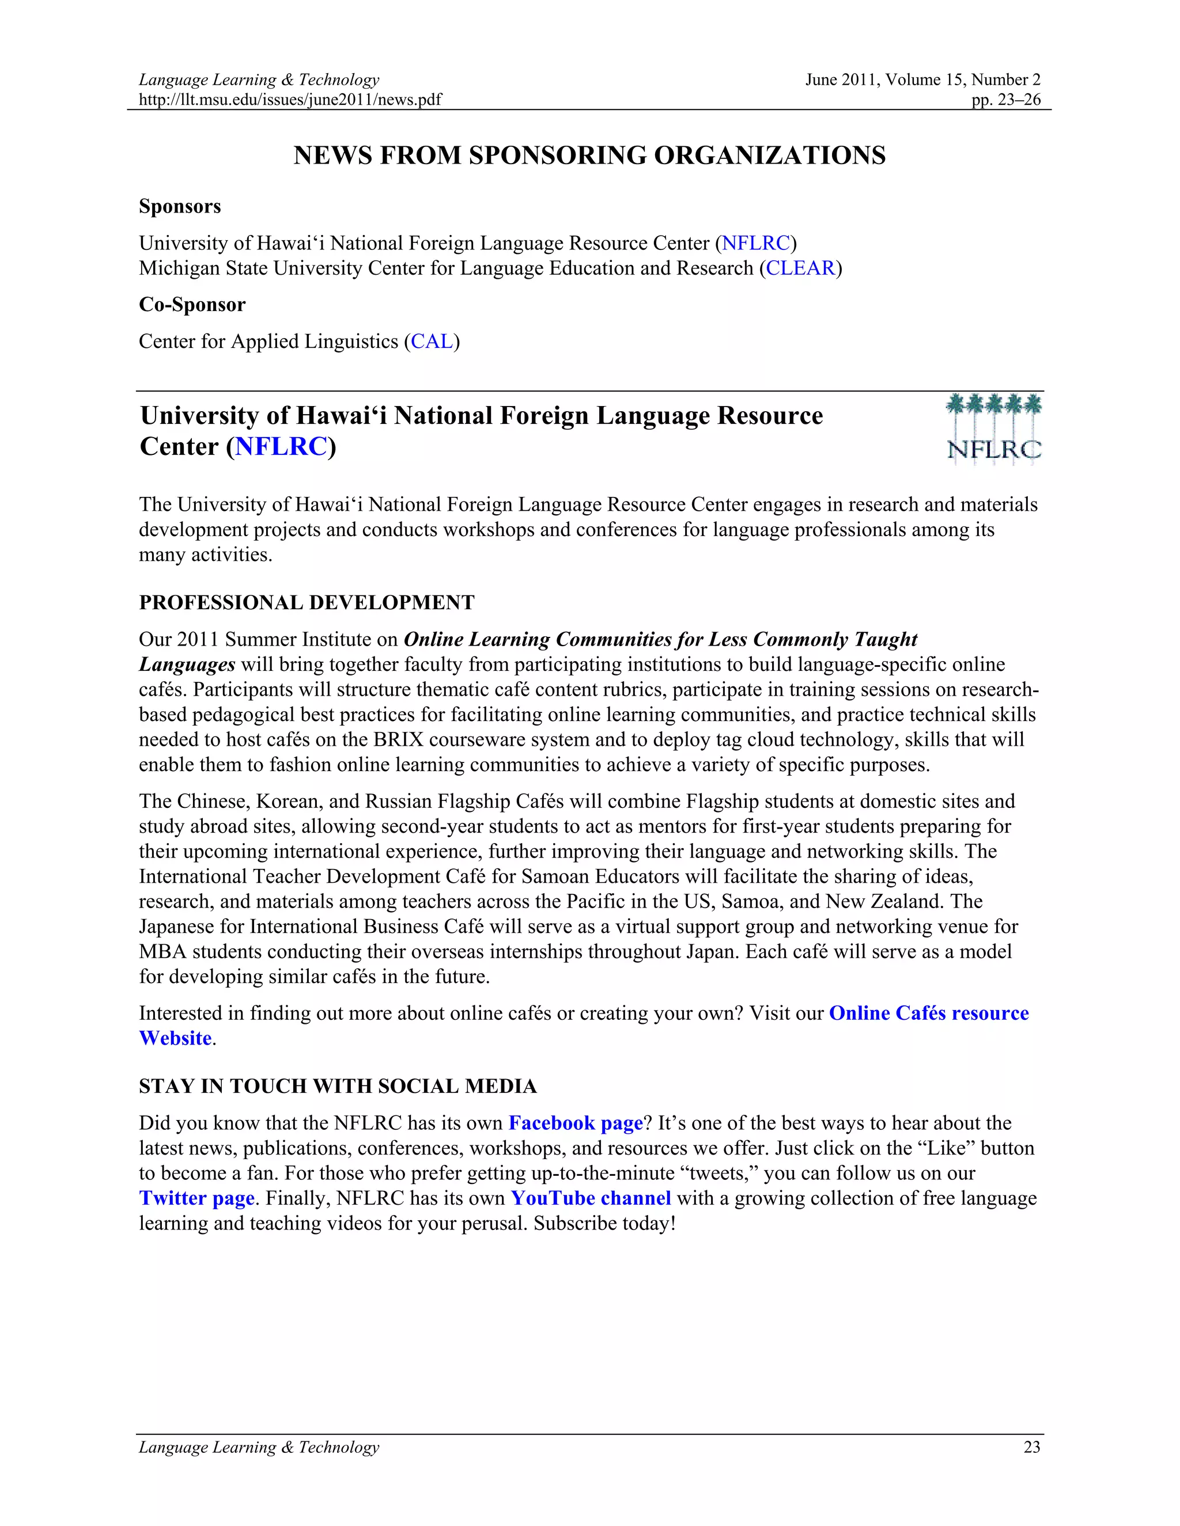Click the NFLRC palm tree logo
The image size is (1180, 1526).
tap(993, 428)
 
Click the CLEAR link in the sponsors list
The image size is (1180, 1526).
tap(800, 268)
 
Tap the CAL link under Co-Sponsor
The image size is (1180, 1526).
tap(432, 341)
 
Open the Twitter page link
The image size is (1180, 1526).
tap(196, 1198)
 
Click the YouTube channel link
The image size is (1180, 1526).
tap(591, 1198)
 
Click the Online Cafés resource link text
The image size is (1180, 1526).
tap(928, 1013)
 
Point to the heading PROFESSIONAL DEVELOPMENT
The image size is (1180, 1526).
tap(306, 602)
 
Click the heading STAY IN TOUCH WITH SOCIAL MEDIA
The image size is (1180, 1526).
tap(338, 1086)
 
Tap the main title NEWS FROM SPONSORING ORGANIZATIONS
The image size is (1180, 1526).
tap(589, 155)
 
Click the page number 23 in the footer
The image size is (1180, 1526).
tap(1032, 1447)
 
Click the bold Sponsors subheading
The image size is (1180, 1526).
tap(180, 206)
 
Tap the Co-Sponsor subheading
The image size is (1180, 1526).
tap(192, 305)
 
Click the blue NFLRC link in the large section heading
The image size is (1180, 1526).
tap(281, 446)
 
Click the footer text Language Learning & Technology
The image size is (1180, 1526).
tap(259, 1447)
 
